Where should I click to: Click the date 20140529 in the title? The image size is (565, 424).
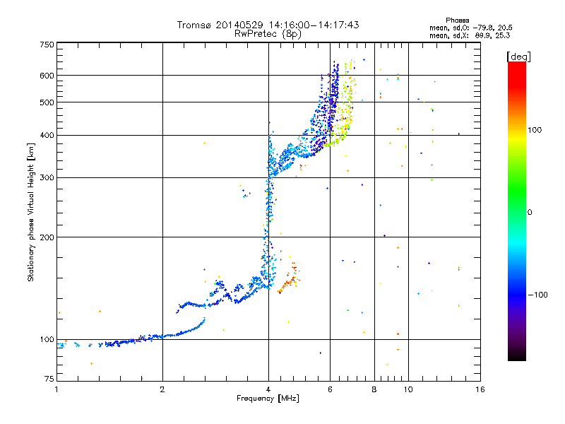point(239,25)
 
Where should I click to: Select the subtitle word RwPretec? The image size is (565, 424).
point(256,34)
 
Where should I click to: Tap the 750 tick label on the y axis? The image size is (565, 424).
point(47,45)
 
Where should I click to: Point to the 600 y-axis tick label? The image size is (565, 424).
point(47,76)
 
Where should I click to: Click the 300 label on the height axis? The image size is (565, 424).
point(47,178)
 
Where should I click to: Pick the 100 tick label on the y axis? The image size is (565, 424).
point(47,340)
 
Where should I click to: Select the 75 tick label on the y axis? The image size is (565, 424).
point(49,379)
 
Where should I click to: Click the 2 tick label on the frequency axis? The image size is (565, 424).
point(162,389)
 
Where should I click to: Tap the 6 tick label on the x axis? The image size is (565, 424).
point(330,389)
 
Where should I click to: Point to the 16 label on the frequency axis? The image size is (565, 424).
point(480,389)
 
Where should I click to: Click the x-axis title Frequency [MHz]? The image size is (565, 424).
point(268,399)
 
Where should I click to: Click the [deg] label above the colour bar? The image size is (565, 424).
point(518,57)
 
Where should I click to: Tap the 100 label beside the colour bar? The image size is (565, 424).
point(535,130)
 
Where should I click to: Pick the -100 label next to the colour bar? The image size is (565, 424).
point(537,295)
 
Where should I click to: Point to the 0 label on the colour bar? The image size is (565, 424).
point(530,213)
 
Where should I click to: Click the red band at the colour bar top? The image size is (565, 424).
point(517,72)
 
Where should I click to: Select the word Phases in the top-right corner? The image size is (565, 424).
point(457,20)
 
